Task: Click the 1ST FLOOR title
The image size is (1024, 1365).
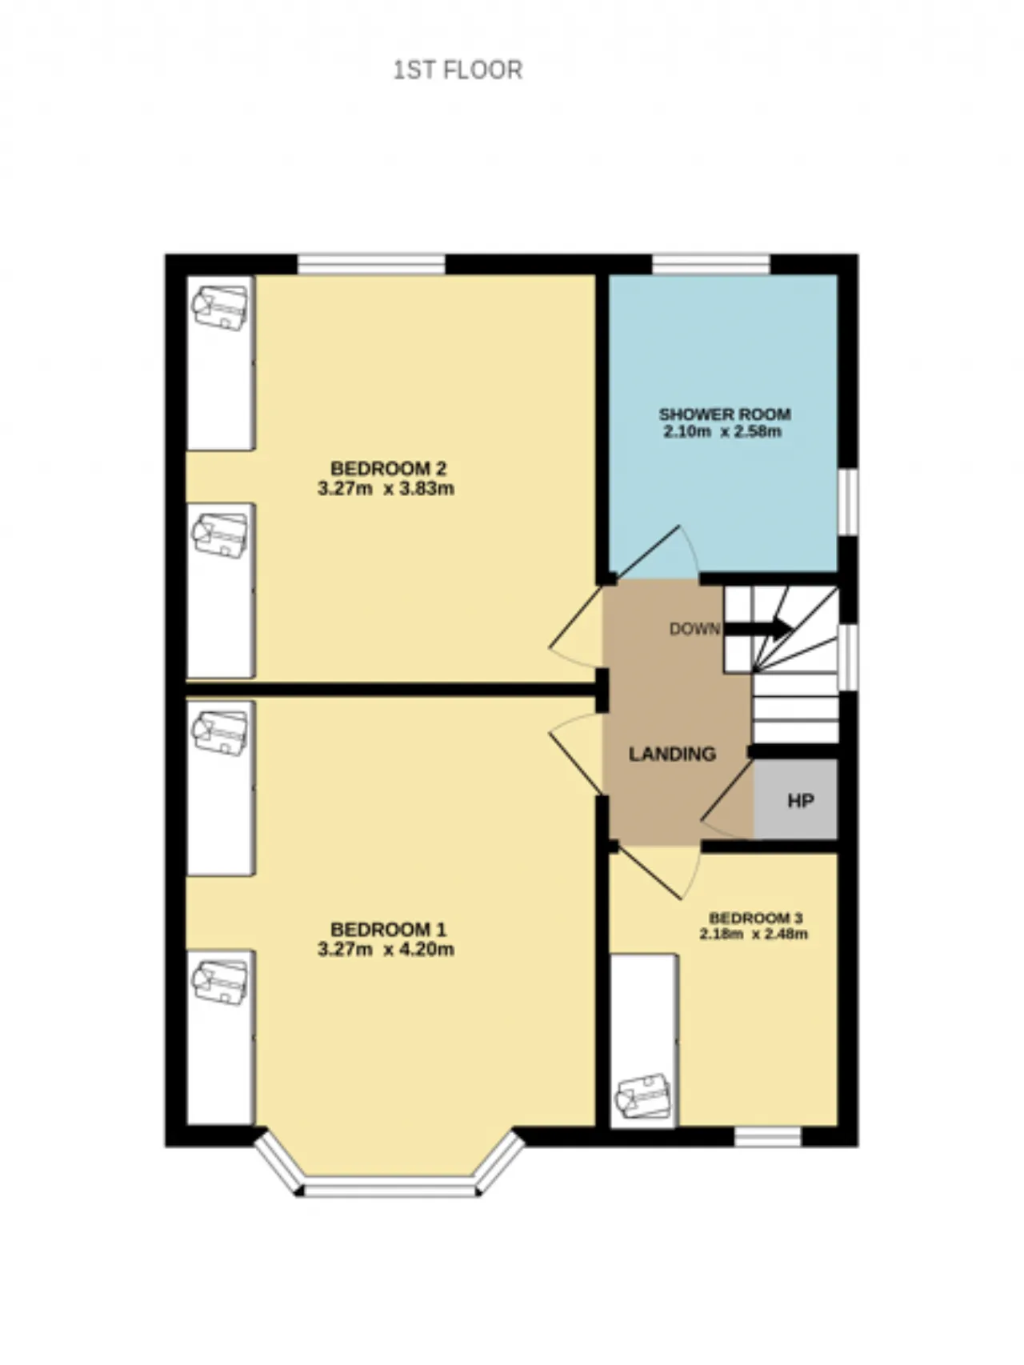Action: [x=458, y=70]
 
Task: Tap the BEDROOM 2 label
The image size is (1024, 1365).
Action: [x=388, y=468]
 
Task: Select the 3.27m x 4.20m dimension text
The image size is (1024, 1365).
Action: [x=386, y=950]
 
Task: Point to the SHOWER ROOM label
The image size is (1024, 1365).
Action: [x=725, y=414]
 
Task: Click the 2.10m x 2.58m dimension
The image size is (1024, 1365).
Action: [x=722, y=432]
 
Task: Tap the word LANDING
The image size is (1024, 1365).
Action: [x=672, y=754]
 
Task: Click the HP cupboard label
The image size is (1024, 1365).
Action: [x=801, y=801]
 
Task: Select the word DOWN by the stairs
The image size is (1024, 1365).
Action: [x=694, y=629]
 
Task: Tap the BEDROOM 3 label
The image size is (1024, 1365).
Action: [x=756, y=918]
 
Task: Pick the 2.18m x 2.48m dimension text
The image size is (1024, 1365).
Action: [x=754, y=934]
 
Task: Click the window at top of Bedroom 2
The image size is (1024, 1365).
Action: [x=371, y=265]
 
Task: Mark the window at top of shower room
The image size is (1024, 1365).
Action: [x=711, y=265]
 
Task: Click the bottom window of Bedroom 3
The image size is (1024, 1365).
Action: [x=768, y=1136]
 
